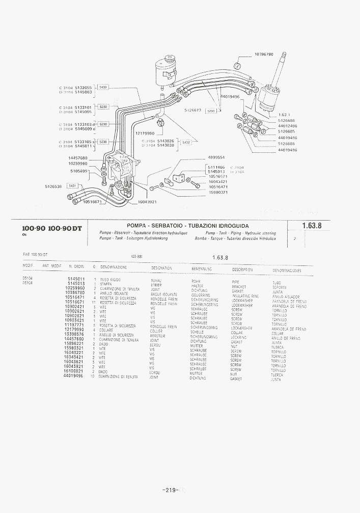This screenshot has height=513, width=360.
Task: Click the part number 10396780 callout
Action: pyautogui.click(x=263, y=54)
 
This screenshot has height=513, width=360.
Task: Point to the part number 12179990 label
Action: pyautogui.click(x=145, y=133)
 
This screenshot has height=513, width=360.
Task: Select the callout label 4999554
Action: pyautogui.click(x=216, y=158)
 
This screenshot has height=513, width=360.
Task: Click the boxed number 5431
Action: pyautogui.click(x=72, y=186)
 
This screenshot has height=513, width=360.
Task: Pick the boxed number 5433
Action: pyautogui.click(x=103, y=88)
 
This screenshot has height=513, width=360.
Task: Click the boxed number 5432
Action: pyautogui.click(x=186, y=142)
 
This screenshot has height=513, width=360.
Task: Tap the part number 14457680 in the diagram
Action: pyautogui.click(x=78, y=158)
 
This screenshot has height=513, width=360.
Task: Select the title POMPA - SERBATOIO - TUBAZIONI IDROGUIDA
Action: pyautogui.click(x=188, y=225)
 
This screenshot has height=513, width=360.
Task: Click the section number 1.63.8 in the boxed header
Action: pyautogui.click(x=312, y=226)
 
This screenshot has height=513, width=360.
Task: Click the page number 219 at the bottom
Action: pyautogui.click(x=170, y=490)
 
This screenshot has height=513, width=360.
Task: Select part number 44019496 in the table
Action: pyautogui.click(x=74, y=376)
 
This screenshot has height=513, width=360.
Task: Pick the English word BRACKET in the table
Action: pyautogui.click(x=238, y=287)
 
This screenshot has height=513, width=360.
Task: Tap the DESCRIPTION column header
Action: pyautogui.click(x=242, y=269)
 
